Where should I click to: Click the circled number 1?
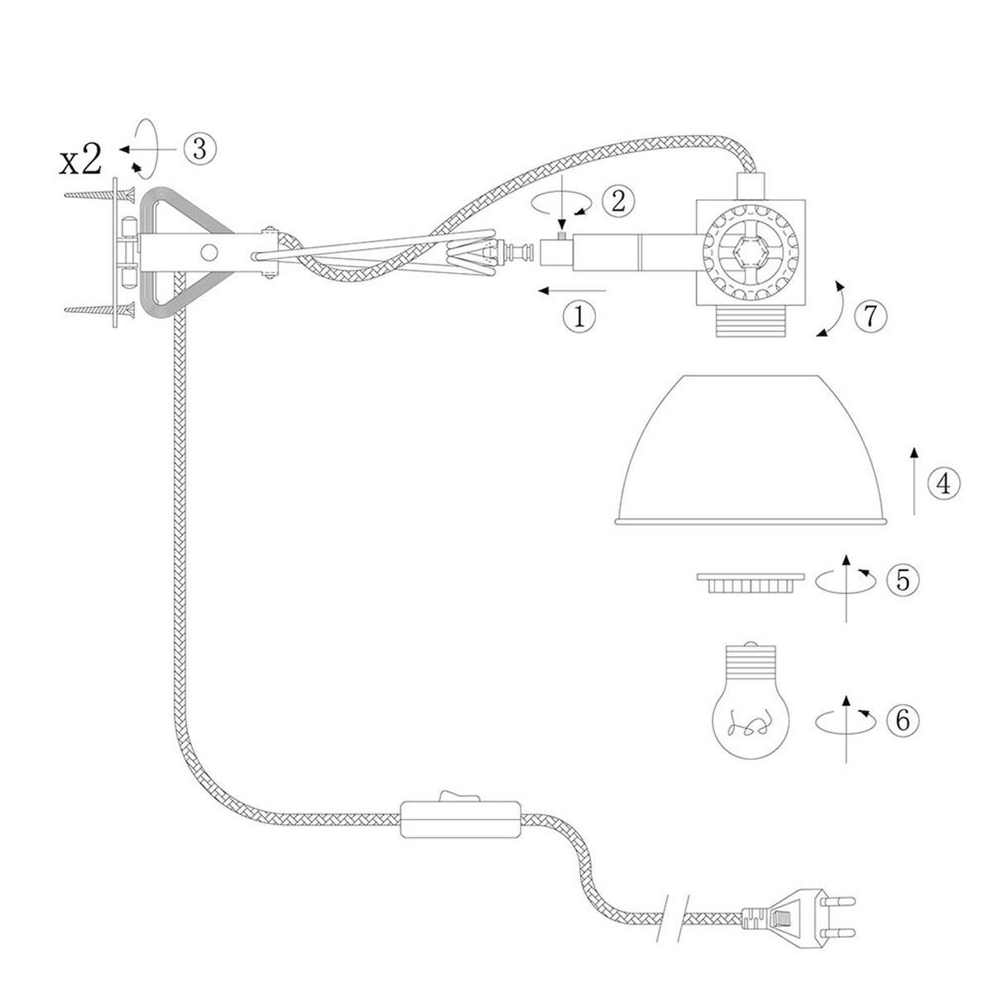click(579, 316)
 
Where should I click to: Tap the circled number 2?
click(618, 201)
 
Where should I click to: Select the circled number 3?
click(199, 150)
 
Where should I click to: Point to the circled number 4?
click(944, 484)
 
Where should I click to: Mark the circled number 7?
click(871, 316)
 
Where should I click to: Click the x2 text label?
click(80, 161)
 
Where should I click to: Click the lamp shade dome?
click(751, 450)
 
